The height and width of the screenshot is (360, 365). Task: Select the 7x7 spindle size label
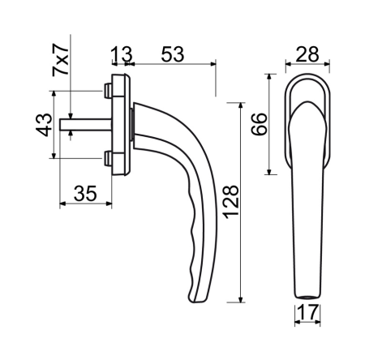[61, 60]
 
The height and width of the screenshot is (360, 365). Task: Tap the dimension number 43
[44, 125]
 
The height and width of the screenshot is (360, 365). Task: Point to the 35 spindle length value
[85, 194]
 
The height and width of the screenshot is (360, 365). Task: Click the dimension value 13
[122, 54]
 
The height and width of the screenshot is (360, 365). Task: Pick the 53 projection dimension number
[173, 54]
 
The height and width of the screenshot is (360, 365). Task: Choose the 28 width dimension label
[307, 54]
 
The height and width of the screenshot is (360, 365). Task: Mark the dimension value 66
[259, 124]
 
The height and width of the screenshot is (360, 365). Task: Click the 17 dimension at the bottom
[308, 312]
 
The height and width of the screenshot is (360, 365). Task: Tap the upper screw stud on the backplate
[108, 91]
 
